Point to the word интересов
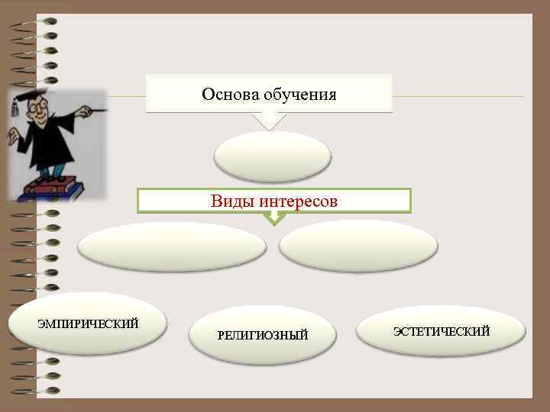pos(298,201)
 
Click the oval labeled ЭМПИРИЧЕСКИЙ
pos(88,324)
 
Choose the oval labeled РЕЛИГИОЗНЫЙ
pos(262,335)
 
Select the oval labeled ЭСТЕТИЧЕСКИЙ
pos(442,330)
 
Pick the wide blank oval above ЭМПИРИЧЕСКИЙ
pos(172,246)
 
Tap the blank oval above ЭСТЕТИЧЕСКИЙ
pos(358,246)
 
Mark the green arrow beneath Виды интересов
pos(273,218)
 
